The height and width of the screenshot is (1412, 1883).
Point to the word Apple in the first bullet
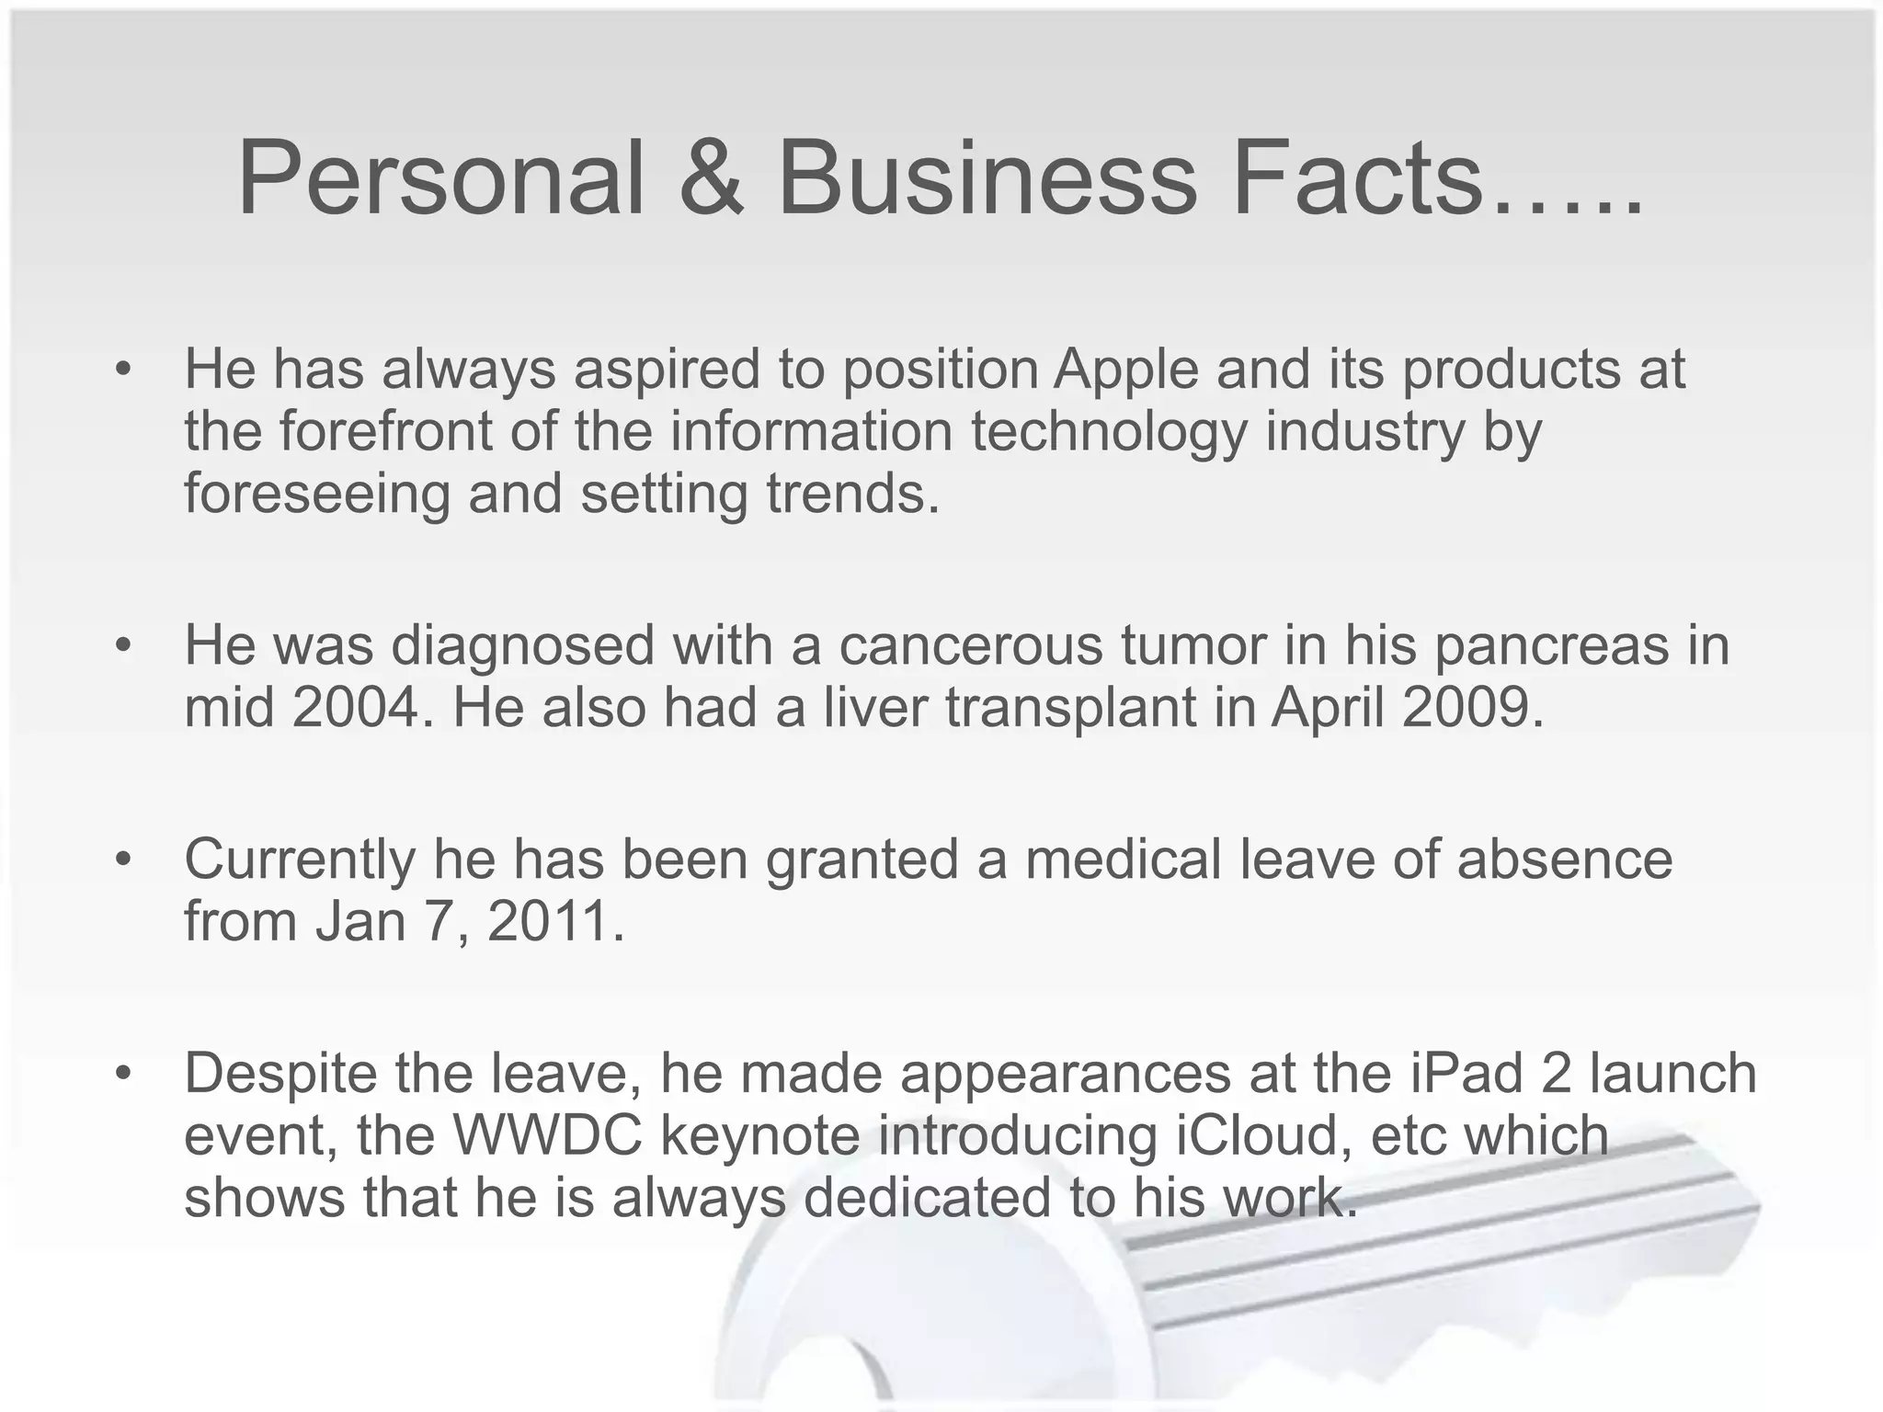[1126, 370]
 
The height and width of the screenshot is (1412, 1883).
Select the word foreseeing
[317, 494]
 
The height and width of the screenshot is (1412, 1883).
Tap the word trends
[853, 494]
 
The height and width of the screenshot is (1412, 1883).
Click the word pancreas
[1551, 645]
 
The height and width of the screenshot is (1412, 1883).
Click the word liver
[874, 708]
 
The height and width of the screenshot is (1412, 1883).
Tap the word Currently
[300, 860]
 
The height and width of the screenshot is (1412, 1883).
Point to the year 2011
[555, 921]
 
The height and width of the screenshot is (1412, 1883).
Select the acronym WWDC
[548, 1136]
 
